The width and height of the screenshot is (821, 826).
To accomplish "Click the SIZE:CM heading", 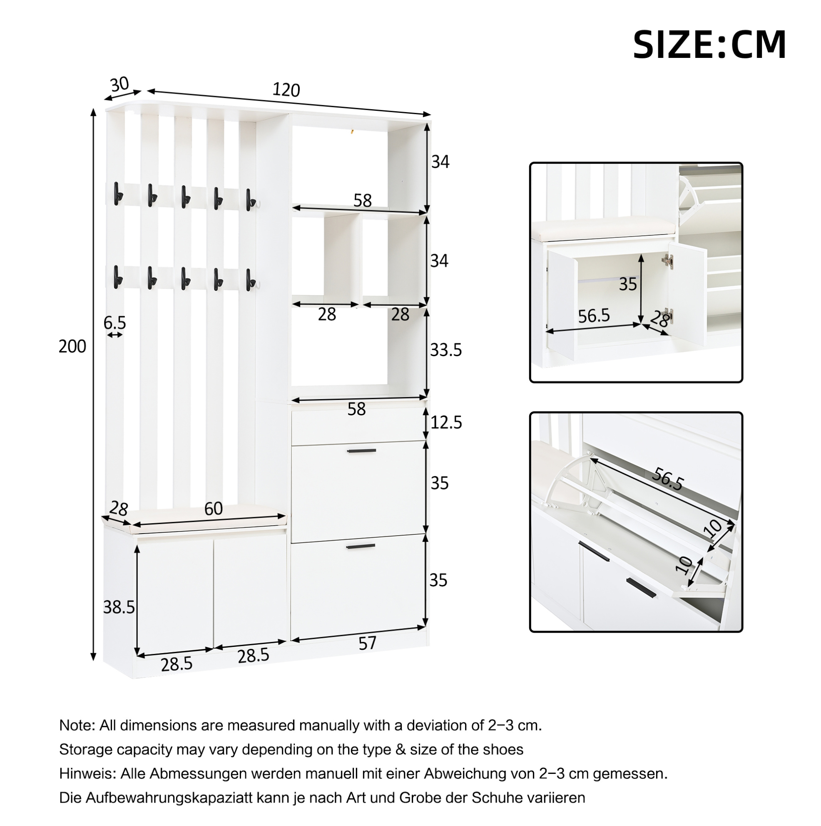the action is click(709, 45).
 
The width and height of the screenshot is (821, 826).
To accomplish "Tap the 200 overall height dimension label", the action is click(72, 346).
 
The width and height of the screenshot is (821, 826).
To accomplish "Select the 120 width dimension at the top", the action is click(286, 90).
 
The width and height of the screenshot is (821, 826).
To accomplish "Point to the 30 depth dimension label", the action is click(119, 85).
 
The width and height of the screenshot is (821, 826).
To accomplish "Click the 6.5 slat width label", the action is click(114, 322).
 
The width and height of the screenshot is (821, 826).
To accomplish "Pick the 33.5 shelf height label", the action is click(446, 350).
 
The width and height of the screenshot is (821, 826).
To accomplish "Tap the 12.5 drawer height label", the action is click(446, 422).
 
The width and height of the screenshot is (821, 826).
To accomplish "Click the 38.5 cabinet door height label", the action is click(119, 606).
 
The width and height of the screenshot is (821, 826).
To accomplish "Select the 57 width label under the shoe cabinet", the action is click(367, 644).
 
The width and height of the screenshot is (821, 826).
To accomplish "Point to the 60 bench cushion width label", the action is click(213, 508).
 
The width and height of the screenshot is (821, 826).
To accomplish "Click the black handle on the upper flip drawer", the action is click(361, 451).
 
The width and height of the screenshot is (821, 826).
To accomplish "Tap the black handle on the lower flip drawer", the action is click(361, 547).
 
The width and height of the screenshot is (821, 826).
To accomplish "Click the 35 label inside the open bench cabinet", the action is click(628, 284).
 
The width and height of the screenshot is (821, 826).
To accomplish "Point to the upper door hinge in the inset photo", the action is click(667, 260).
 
